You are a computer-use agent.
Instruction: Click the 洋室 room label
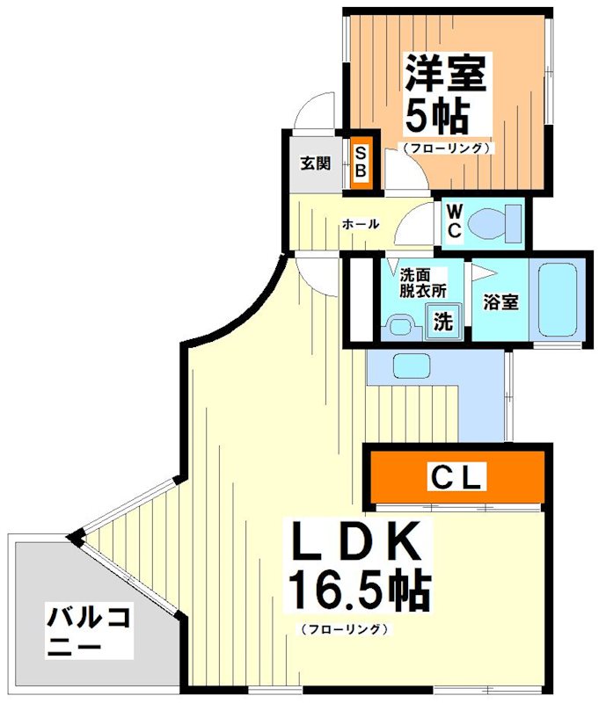coord(445,72)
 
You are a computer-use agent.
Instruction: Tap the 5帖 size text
coord(437,113)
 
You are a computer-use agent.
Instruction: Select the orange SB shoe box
coord(360,161)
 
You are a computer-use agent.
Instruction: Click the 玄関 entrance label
coord(314,163)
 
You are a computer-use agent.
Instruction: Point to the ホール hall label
coord(361,224)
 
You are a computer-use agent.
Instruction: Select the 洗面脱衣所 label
coord(422,281)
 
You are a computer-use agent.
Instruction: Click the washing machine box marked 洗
coord(442,321)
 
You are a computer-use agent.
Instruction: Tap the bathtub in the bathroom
coord(557,301)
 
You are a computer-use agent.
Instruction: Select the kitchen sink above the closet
coord(409,365)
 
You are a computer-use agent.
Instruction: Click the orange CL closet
coord(456,477)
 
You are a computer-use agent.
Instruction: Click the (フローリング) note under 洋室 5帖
coord(446,149)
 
